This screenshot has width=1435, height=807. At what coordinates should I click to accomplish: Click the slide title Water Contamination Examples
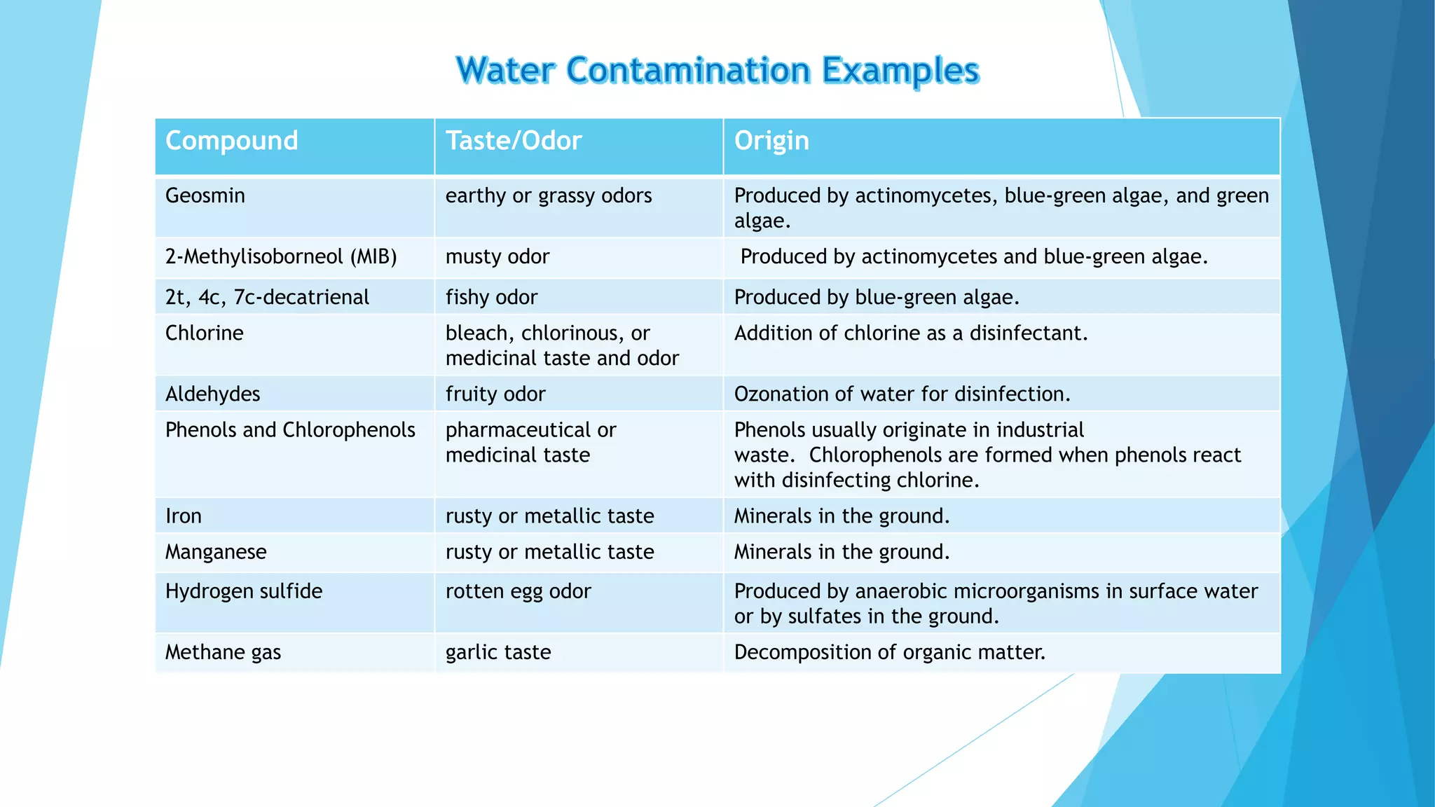717,71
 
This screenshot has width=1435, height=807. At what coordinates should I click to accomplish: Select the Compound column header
232,141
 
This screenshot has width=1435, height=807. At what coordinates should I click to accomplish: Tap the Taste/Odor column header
514,141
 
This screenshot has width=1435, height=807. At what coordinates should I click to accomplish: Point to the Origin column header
771,141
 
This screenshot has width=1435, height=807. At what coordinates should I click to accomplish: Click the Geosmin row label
205,195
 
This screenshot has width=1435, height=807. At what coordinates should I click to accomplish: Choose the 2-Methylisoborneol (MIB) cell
281,256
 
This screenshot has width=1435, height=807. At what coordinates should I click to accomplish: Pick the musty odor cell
497,256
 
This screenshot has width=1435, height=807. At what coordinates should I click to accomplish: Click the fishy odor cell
491,297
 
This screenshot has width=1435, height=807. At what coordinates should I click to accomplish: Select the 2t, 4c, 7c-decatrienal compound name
267,297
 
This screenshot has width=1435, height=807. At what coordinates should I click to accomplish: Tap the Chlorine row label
205,333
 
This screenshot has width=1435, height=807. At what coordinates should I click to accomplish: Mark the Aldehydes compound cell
213,394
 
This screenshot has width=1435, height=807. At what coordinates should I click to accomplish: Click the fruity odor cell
495,394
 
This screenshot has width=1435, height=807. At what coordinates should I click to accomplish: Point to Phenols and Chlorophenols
290,429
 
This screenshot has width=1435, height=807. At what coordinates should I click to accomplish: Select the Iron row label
184,516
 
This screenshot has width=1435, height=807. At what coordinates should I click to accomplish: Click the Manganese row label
216,552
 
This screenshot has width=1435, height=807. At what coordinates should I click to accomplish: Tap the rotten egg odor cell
519,591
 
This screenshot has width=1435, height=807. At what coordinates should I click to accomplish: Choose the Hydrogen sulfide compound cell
244,591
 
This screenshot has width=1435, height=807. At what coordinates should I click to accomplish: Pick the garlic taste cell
498,652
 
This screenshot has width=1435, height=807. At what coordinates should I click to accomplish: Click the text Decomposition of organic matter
890,652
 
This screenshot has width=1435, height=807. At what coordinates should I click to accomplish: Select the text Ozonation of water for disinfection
902,394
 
